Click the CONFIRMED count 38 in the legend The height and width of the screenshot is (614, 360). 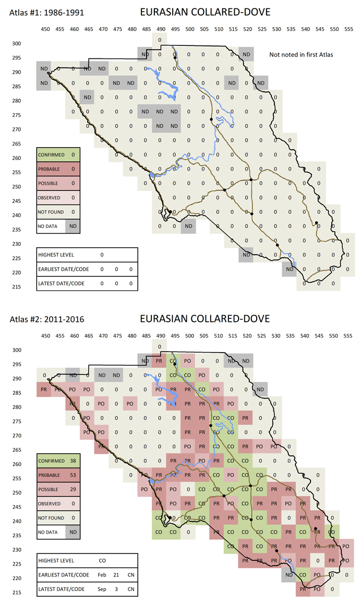[x=73, y=461]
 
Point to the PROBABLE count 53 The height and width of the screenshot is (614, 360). [x=73, y=475]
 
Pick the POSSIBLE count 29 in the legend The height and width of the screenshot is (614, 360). [x=73, y=490]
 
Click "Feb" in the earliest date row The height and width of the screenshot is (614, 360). [x=102, y=574]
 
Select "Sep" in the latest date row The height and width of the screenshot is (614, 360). [x=102, y=589]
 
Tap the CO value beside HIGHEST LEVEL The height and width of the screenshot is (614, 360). [x=102, y=560]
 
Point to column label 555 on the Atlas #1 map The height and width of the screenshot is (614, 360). [x=348, y=29]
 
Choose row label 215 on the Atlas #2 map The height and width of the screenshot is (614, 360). [x=17, y=592]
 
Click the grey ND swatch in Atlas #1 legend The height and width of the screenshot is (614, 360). [x=73, y=226]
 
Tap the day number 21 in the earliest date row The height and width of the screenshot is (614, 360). [x=116, y=574]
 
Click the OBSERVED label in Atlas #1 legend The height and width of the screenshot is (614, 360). [x=49, y=198]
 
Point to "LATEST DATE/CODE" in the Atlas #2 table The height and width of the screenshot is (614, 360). [x=59, y=589]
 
